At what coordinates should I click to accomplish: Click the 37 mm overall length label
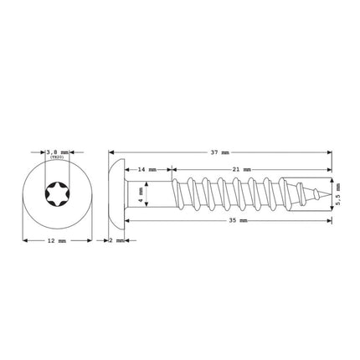tap(221, 152)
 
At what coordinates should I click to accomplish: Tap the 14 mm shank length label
tap(147, 169)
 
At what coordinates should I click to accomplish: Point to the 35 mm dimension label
tap(243, 221)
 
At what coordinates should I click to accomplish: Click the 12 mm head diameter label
tap(57, 240)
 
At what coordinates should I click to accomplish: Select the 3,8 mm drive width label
tap(57, 152)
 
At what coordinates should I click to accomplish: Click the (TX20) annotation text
tap(57, 159)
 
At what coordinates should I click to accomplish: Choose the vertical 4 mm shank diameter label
tap(141, 195)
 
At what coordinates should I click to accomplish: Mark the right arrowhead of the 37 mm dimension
tap(328, 152)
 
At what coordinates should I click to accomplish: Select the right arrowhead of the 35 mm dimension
tap(328, 221)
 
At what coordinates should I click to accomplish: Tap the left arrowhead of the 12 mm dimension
tap(23, 240)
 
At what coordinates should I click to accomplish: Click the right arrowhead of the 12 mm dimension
tap(90, 240)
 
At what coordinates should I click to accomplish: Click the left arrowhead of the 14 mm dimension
tap(126, 169)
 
